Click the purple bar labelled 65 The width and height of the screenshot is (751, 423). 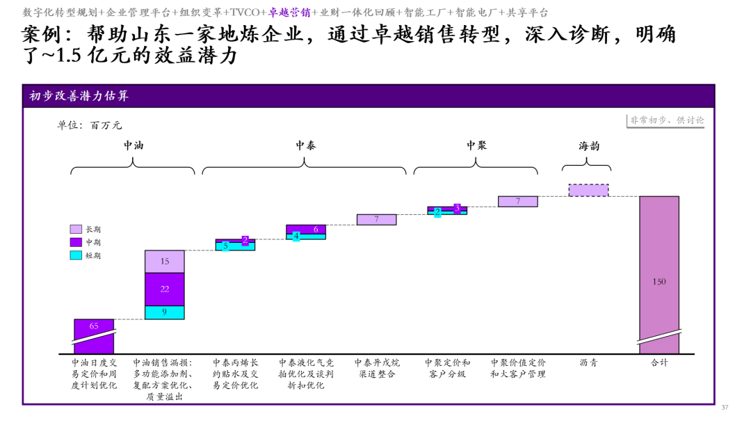(x=94, y=336)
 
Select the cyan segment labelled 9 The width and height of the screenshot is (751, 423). (x=165, y=312)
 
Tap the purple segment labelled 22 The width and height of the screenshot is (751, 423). (x=165, y=289)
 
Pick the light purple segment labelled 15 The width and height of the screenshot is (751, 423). (x=165, y=262)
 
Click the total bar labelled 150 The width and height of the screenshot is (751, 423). (x=659, y=275)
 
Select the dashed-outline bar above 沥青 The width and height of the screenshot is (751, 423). (x=589, y=190)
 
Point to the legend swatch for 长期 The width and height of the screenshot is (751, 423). (x=76, y=229)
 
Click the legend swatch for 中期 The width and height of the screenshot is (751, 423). (x=76, y=242)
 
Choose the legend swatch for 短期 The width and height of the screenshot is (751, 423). (x=76, y=255)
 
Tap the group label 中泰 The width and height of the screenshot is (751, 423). (x=305, y=145)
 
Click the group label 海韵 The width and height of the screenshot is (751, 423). (x=589, y=145)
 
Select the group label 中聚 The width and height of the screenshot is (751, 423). (x=476, y=145)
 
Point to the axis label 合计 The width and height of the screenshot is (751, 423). (x=659, y=362)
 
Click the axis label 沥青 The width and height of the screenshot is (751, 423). (x=589, y=362)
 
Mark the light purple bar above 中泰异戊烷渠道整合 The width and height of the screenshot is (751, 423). (x=376, y=219)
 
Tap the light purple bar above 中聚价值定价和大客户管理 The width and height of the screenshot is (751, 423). (x=518, y=202)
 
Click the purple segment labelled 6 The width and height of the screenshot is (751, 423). (x=306, y=230)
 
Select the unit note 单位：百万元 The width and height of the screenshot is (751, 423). (x=90, y=125)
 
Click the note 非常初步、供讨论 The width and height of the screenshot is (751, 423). (x=667, y=120)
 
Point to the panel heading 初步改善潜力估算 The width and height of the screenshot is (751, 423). (x=79, y=96)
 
